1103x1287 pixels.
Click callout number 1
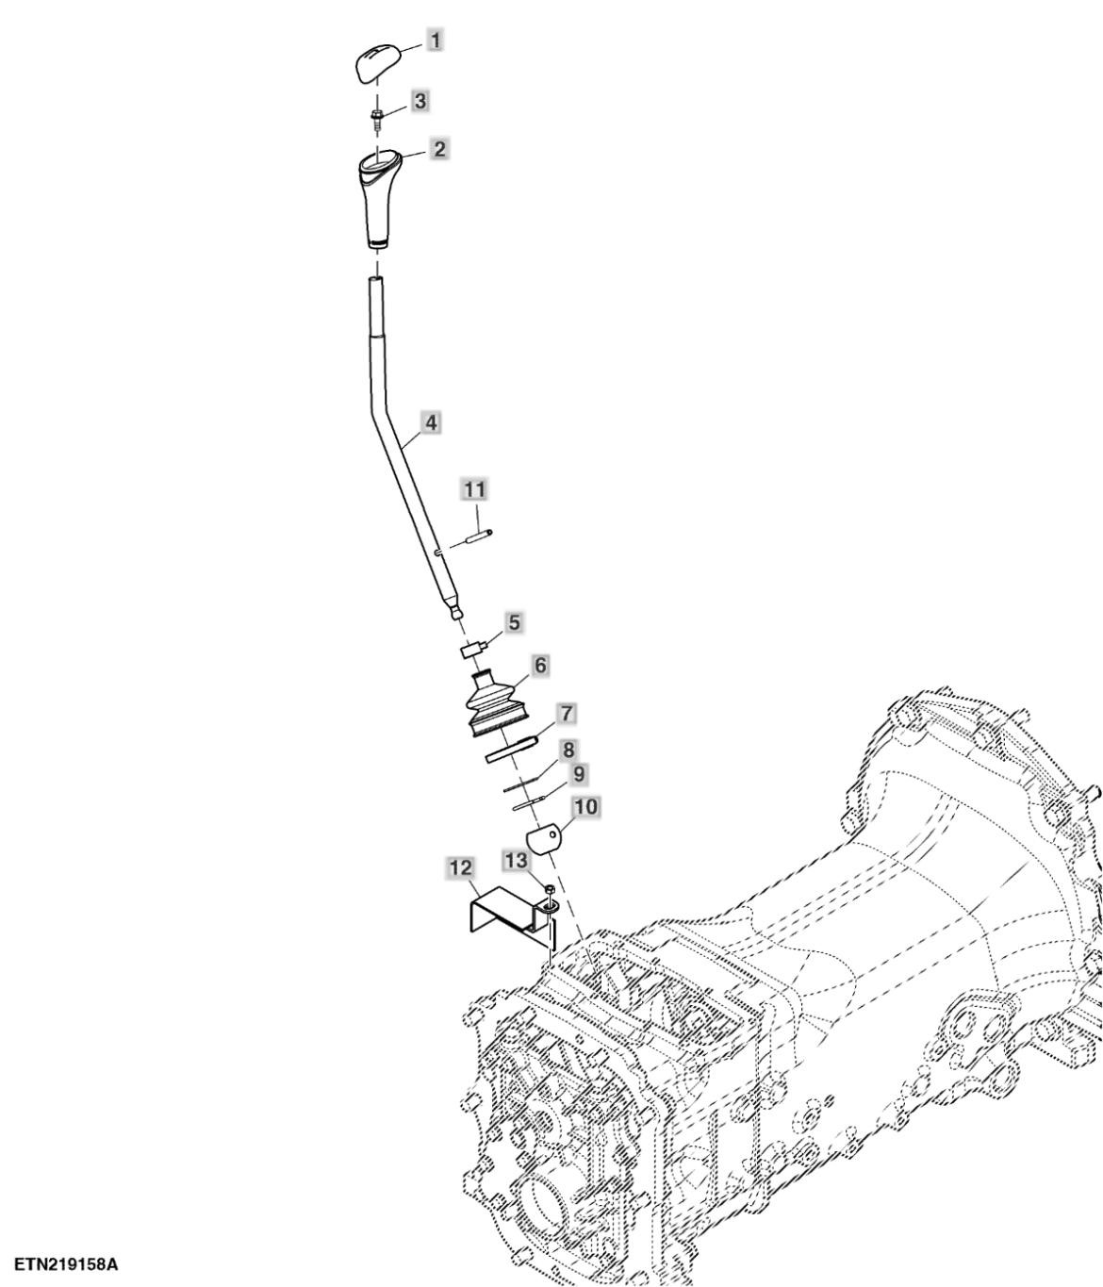[x=436, y=41]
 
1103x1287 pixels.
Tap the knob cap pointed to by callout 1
[x=377, y=62]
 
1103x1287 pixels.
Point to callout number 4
[x=431, y=423]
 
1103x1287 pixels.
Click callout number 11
[x=474, y=489]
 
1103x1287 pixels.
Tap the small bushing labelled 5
[x=471, y=652]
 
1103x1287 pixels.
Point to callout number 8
[x=568, y=750]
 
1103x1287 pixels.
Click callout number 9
[x=579, y=775]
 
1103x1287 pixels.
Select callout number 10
[x=585, y=807]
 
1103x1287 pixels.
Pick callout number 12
[x=461, y=867]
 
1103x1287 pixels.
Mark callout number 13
[x=516, y=861]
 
